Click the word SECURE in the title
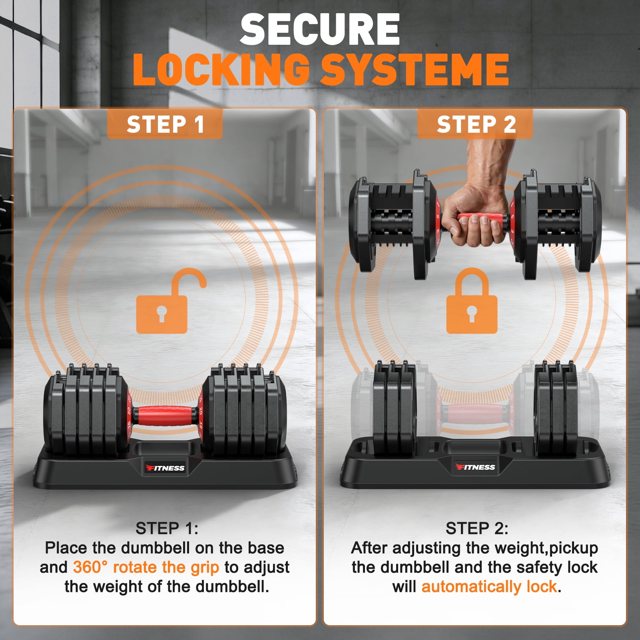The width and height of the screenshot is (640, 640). [320, 30]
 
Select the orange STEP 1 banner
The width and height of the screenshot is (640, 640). [165, 124]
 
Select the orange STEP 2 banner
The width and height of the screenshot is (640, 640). [475, 124]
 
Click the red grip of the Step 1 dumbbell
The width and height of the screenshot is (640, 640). [165, 416]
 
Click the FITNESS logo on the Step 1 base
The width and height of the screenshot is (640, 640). [165, 468]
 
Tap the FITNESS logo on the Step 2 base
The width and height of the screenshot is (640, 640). [475, 467]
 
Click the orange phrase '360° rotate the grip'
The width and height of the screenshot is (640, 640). [146, 567]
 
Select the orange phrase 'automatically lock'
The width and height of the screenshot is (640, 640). [489, 587]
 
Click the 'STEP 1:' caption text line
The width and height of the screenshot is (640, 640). [167, 528]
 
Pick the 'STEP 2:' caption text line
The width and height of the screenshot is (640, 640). [477, 528]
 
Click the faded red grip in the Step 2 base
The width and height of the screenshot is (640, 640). [475, 414]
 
